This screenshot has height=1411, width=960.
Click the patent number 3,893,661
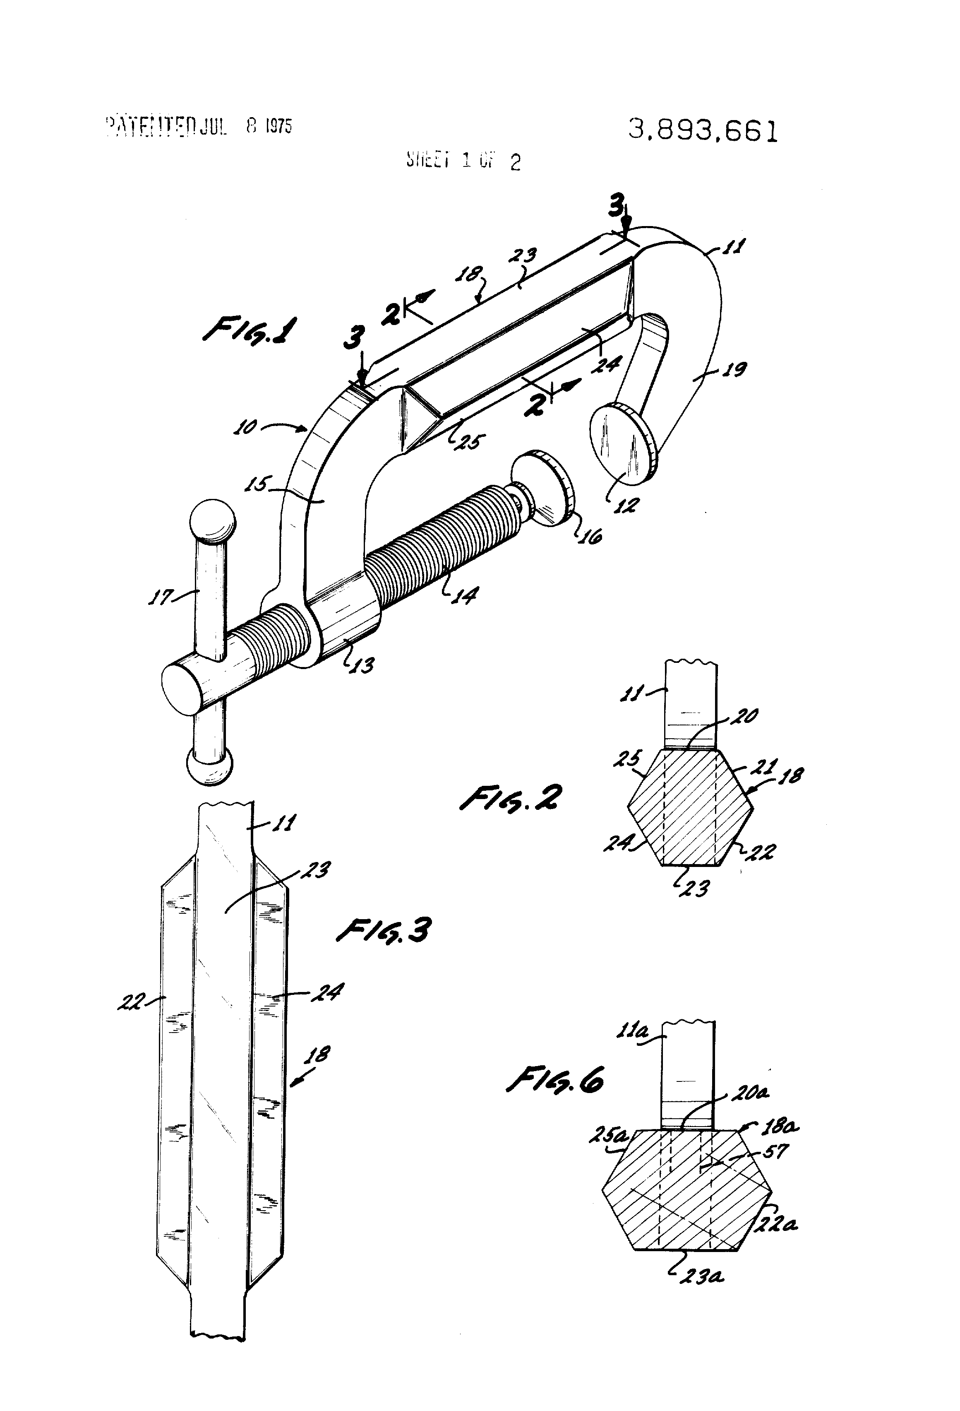703,130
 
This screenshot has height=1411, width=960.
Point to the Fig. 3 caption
384,930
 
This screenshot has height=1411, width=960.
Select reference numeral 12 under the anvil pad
624,505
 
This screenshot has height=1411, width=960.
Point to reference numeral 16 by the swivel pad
589,534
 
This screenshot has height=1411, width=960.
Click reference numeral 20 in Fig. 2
744,716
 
